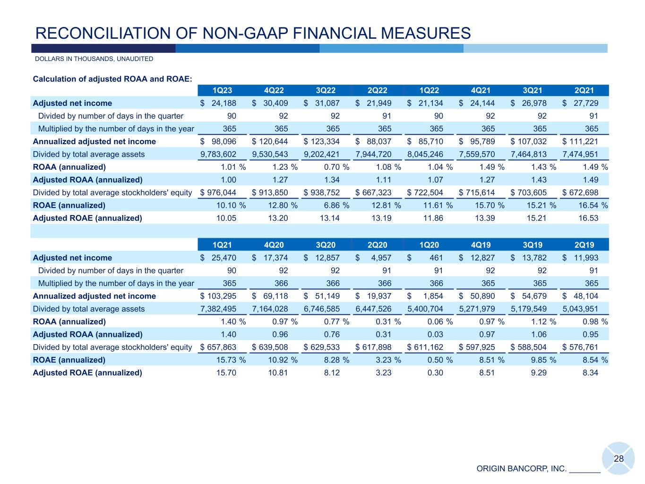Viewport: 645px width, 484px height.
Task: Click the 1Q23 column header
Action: [x=222, y=90]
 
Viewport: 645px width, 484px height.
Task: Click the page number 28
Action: [x=619, y=458]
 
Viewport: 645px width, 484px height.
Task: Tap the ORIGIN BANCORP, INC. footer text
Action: [x=521, y=469]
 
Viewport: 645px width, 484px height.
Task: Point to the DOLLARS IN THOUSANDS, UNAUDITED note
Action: [x=94, y=59]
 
